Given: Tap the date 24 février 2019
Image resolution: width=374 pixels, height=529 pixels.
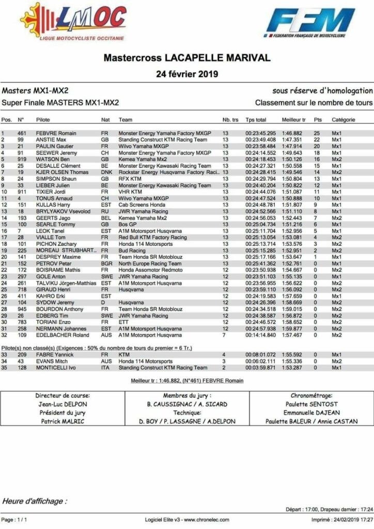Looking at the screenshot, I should pyautogui.click(x=187, y=74).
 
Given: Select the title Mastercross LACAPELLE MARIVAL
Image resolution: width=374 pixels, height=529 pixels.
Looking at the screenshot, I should pyautogui.click(x=186, y=57).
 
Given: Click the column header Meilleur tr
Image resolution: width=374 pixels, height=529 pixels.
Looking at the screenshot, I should pyautogui.click(x=293, y=120).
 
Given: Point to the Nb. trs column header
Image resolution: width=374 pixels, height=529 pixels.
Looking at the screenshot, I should pyautogui.click(x=230, y=120).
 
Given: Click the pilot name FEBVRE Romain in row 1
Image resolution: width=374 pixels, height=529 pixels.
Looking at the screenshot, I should pyautogui.click(x=56, y=133).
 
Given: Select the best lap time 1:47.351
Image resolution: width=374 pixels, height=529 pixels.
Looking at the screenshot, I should pyautogui.click(x=292, y=140).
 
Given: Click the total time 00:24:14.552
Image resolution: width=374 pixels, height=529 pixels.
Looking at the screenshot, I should pyautogui.click(x=261, y=153).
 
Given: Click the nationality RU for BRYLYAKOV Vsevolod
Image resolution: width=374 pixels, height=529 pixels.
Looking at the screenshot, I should pyautogui.click(x=104, y=211).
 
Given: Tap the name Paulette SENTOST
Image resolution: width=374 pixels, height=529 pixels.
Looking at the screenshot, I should pyautogui.click(x=311, y=404).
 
